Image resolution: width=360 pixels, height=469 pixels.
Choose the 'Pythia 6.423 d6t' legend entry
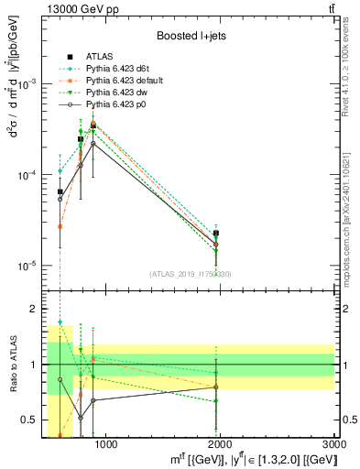click(x=120, y=69)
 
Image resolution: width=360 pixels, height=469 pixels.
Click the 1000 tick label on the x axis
click(x=106, y=444)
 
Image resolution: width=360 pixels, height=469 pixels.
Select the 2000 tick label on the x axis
click(x=221, y=444)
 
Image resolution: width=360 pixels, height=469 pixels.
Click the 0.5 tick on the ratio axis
click(x=31, y=420)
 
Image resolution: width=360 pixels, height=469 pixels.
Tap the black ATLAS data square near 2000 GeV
click(x=216, y=234)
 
